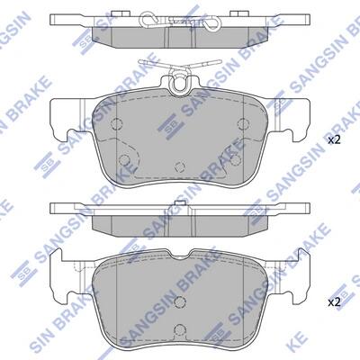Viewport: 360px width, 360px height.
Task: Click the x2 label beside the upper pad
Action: [334, 140]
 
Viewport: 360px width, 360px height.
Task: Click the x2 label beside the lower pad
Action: [334, 302]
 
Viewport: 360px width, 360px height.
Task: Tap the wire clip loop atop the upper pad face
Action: [179, 83]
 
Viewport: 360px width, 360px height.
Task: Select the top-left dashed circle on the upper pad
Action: [117, 123]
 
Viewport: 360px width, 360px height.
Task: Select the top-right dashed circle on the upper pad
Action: [243, 123]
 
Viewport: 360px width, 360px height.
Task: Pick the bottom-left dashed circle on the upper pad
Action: [124, 160]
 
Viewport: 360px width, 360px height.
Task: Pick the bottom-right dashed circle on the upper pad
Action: [236, 160]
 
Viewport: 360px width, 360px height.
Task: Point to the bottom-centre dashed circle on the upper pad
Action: [180, 166]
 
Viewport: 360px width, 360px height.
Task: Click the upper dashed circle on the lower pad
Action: [180, 301]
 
